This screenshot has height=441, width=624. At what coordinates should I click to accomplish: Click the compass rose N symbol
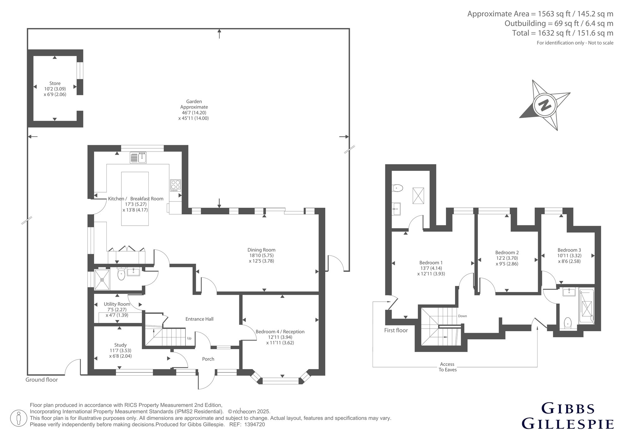544,105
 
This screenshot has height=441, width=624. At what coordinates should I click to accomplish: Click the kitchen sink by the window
138,158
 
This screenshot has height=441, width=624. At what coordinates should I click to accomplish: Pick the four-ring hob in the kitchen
176,185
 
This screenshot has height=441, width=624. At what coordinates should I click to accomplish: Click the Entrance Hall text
199,319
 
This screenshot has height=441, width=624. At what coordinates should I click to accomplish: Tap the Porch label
208,359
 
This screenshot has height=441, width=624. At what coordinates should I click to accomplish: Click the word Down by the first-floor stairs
462,316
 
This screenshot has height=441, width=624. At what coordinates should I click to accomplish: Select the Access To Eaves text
447,367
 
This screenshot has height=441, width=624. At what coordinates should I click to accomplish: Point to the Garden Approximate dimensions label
194,110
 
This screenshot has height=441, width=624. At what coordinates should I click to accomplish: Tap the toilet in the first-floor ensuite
397,188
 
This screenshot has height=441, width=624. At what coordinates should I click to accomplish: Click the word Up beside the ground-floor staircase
189,338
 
